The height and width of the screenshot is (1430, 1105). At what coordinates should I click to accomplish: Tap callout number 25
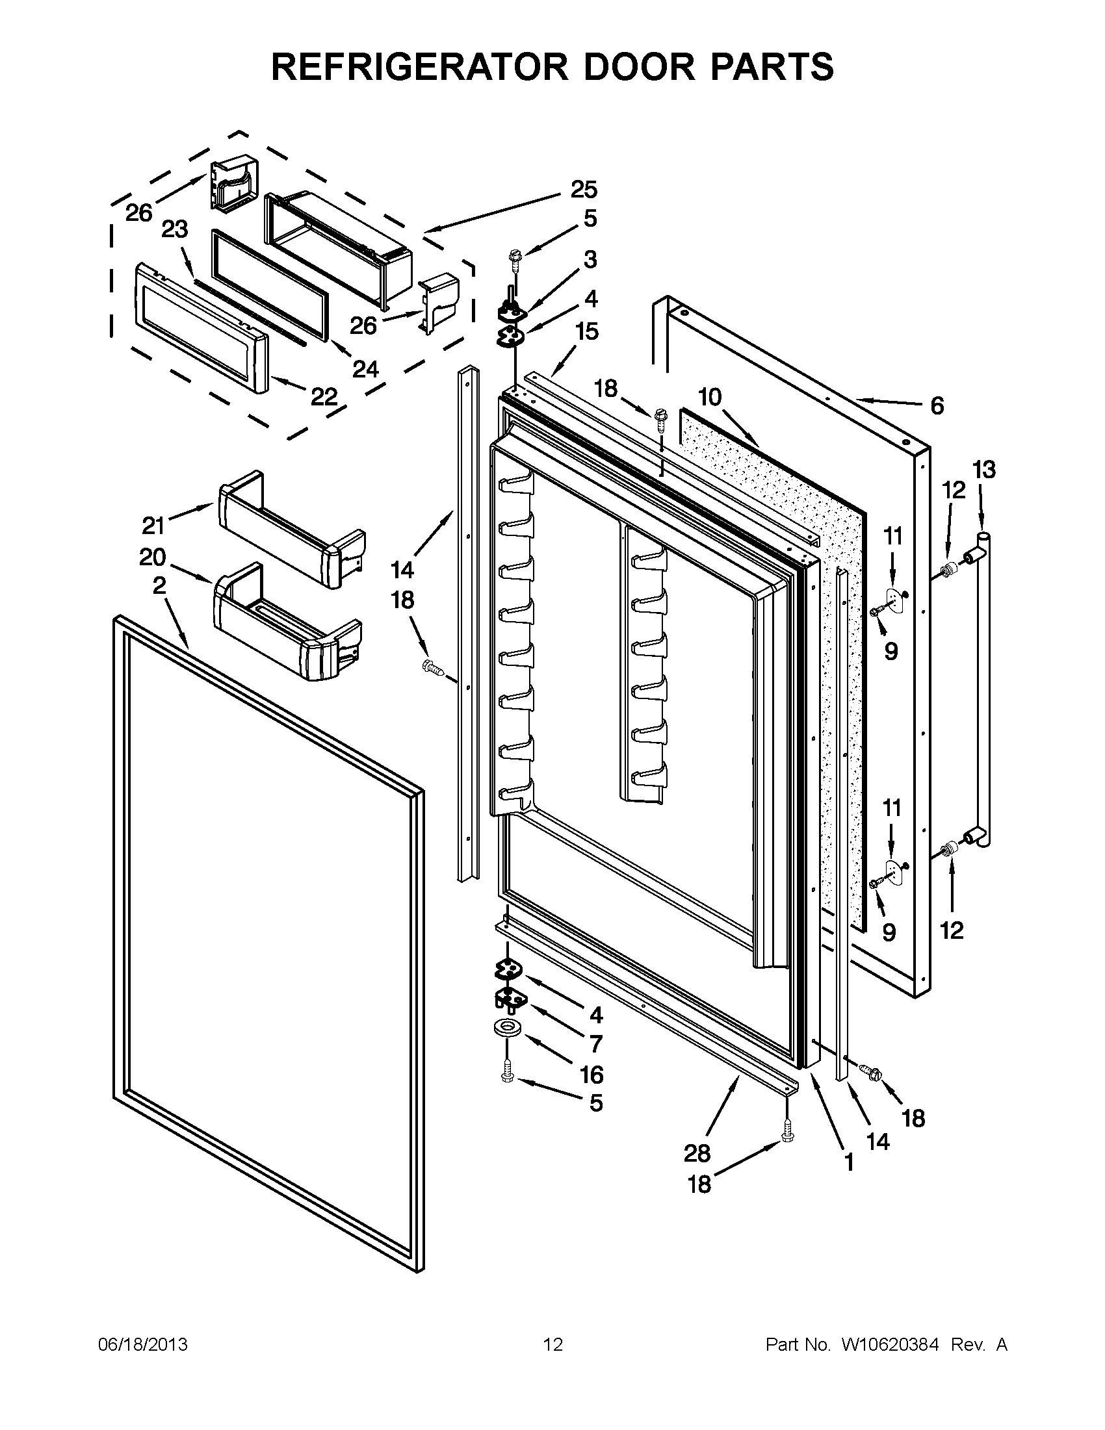tap(584, 190)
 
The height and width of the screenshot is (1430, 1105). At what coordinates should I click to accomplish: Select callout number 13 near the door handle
tap(984, 470)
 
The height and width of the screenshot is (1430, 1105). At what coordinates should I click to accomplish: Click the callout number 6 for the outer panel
tap(937, 407)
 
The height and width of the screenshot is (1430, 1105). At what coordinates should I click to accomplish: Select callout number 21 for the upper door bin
tap(153, 525)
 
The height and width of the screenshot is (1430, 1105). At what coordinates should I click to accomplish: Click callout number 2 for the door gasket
tap(159, 586)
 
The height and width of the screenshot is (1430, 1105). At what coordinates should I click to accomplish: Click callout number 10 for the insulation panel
tap(709, 397)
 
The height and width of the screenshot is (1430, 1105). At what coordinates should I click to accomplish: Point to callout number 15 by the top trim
tap(587, 331)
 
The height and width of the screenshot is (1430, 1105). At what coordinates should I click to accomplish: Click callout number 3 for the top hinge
tap(590, 260)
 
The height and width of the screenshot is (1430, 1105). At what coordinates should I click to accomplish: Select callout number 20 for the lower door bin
tap(153, 557)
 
